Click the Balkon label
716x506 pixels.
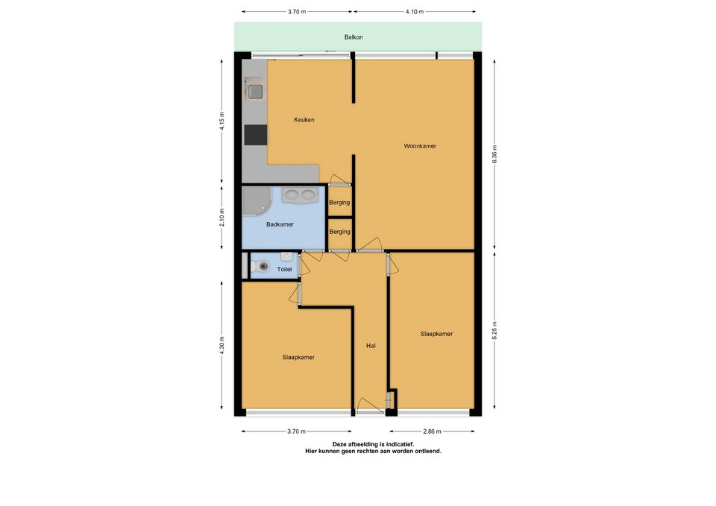pos(354,37)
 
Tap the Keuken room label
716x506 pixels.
pos(304,119)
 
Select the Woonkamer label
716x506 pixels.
pos(420,146)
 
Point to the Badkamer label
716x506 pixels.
pos(280,224)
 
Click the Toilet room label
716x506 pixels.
pos(284,269)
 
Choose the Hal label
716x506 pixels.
pos(371,346)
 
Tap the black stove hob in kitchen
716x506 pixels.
pos(255,135)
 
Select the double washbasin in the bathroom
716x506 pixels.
pos(300,195)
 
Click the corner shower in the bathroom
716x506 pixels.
pos(256,200)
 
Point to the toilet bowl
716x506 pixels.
pos(262,266)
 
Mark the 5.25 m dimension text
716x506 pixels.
pos(495,330)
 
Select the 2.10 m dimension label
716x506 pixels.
pos(222,217)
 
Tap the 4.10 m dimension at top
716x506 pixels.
pos(415,12)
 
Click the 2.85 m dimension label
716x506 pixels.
pos(432,431)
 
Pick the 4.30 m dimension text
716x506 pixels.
pos(222,345)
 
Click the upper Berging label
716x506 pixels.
pos(339,203)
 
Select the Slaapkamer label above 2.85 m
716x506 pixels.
pos(436,334)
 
